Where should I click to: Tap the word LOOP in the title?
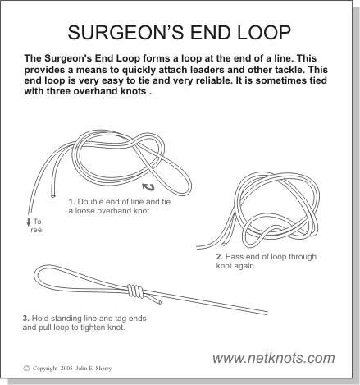264,32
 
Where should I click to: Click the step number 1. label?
71,202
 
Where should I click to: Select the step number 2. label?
220,257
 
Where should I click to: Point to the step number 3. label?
26,319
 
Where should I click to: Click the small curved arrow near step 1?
148,187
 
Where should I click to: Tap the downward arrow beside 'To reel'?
29,222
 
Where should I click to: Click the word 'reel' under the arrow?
37,230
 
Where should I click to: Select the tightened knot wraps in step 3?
135,291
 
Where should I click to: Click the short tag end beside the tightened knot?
153,298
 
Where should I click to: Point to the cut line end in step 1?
53,195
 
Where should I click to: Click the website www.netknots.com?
274,358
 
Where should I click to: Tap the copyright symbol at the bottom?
26,369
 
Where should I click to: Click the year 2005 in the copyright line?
66,369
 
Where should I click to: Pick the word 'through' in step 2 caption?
303,257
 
